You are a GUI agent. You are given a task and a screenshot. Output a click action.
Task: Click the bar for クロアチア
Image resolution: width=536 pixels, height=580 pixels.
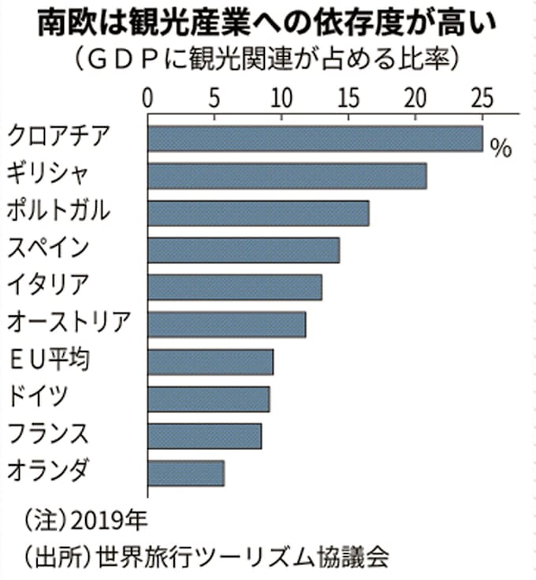315,139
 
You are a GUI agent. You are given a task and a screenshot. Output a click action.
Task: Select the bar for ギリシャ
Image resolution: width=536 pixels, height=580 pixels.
287,176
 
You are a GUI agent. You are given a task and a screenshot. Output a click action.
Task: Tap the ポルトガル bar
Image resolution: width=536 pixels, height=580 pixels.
258,213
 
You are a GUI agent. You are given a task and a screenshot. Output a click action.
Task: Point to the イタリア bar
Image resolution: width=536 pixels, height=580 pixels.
234,287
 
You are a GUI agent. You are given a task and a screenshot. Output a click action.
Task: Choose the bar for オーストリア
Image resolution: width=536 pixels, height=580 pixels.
226,324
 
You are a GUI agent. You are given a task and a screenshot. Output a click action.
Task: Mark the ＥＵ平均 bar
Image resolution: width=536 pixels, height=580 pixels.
210,362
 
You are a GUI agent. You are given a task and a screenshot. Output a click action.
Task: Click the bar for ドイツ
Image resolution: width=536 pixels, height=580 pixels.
208,399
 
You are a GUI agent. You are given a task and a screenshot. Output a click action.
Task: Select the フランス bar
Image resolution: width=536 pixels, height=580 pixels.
204,436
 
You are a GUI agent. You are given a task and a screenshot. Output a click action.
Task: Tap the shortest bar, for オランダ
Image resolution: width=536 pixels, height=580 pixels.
185,473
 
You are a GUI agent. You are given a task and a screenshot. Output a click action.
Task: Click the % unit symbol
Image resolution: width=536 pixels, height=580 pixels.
501,148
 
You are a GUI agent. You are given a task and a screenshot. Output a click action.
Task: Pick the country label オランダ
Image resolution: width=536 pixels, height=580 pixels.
48,472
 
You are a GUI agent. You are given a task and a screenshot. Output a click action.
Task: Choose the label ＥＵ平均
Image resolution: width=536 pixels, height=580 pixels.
48,361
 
